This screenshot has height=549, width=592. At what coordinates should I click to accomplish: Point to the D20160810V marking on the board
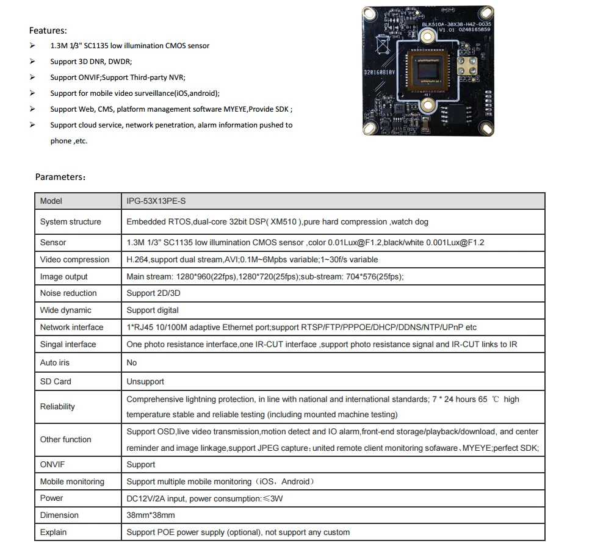pos(380,72)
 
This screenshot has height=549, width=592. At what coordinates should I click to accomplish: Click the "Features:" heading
pos(48,30)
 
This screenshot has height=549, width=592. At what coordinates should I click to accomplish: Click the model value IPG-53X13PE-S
pos(160,201)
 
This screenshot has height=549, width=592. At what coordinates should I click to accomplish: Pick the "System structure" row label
pos(70,221)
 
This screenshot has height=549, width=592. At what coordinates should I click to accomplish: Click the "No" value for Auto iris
pos(131,362)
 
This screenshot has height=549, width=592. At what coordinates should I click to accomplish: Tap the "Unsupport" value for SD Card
pos(145,381)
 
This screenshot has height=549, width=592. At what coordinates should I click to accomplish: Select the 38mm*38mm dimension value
pos(150,515)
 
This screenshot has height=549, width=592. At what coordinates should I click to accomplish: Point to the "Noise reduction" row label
pos(68,293)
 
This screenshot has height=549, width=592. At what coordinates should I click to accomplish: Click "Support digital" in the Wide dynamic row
pos(153,310)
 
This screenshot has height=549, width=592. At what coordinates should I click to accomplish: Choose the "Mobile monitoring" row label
pos(72,481)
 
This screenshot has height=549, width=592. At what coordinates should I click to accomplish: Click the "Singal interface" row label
pos(68,344)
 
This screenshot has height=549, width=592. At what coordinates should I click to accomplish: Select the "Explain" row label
pos(53,532)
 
